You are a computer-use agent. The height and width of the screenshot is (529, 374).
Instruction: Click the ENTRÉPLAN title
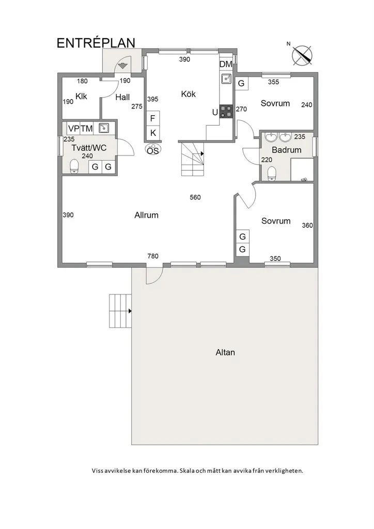96,43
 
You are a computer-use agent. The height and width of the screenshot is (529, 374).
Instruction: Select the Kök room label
188,94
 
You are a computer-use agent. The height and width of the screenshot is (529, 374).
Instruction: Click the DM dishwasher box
226,64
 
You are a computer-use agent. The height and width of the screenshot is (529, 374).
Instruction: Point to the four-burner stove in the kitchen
226,112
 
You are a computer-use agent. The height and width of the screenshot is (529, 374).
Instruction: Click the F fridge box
153,118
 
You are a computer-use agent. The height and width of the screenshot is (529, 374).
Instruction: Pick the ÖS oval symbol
153,150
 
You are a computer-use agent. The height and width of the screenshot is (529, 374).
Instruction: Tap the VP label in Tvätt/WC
73,129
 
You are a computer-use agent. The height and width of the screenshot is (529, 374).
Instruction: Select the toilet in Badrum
272,174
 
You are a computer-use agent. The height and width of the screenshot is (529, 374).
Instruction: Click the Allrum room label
146,215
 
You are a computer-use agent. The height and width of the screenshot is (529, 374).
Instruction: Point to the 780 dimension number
153,256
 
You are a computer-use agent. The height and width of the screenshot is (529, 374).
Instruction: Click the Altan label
225,352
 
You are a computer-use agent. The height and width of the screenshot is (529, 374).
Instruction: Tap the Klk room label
81,97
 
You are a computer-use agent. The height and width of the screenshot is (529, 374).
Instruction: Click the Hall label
122,98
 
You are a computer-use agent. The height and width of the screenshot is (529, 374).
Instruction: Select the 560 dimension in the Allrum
195,197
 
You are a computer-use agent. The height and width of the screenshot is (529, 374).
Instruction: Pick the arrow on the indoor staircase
202,153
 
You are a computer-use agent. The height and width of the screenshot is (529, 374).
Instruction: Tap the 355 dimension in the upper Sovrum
273,82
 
